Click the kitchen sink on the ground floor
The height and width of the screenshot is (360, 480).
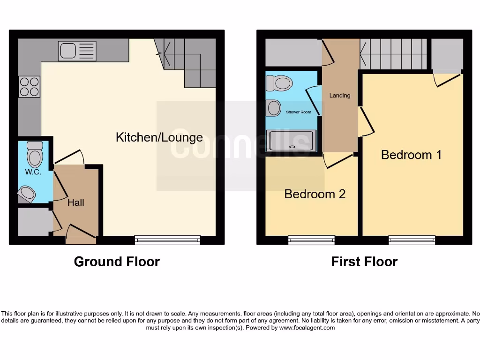(x=77, y=51)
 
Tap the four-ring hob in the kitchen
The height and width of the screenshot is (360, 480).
(x=29, y=87)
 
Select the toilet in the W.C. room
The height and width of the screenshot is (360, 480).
(x=35, y=153)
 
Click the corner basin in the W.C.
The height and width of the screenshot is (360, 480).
(x=27, y=194)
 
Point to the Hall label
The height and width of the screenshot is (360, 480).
(x=75, y=202)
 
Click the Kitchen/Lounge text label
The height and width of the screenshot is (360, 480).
(x=159, y=137)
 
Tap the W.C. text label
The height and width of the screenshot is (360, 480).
(x=33, y=172)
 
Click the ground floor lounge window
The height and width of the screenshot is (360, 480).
(x=167, y=240)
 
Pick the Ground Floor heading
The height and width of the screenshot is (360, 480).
(x=117, y=262)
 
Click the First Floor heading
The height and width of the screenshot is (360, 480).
(x=364, y=262)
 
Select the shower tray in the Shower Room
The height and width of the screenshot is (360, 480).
(x=291, y=140)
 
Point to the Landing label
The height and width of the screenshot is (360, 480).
(x=339, y=96)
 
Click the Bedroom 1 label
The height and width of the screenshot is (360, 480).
(x=411, y=155)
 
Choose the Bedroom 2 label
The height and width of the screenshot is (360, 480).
(x=315, y=194)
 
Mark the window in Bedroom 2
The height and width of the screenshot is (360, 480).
(x=311, y=240)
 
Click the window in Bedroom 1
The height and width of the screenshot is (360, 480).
(x=412, y=240)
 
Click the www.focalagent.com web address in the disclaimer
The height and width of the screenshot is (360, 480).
(x=307, y=328)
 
